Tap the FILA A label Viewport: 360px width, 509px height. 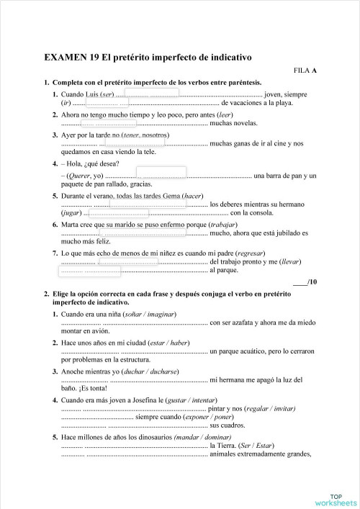(305, 71)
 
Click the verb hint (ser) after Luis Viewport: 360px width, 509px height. (107, 94)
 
